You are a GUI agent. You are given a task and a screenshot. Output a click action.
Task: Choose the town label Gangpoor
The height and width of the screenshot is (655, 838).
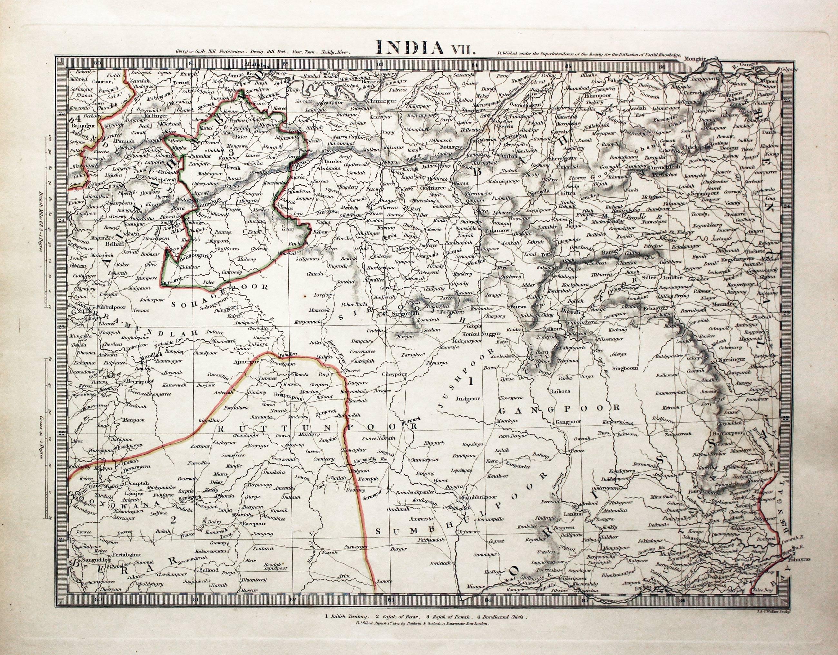[x=568, y=422]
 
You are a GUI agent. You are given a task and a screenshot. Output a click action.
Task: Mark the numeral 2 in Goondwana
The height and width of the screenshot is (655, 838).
[x=173, y=521]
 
